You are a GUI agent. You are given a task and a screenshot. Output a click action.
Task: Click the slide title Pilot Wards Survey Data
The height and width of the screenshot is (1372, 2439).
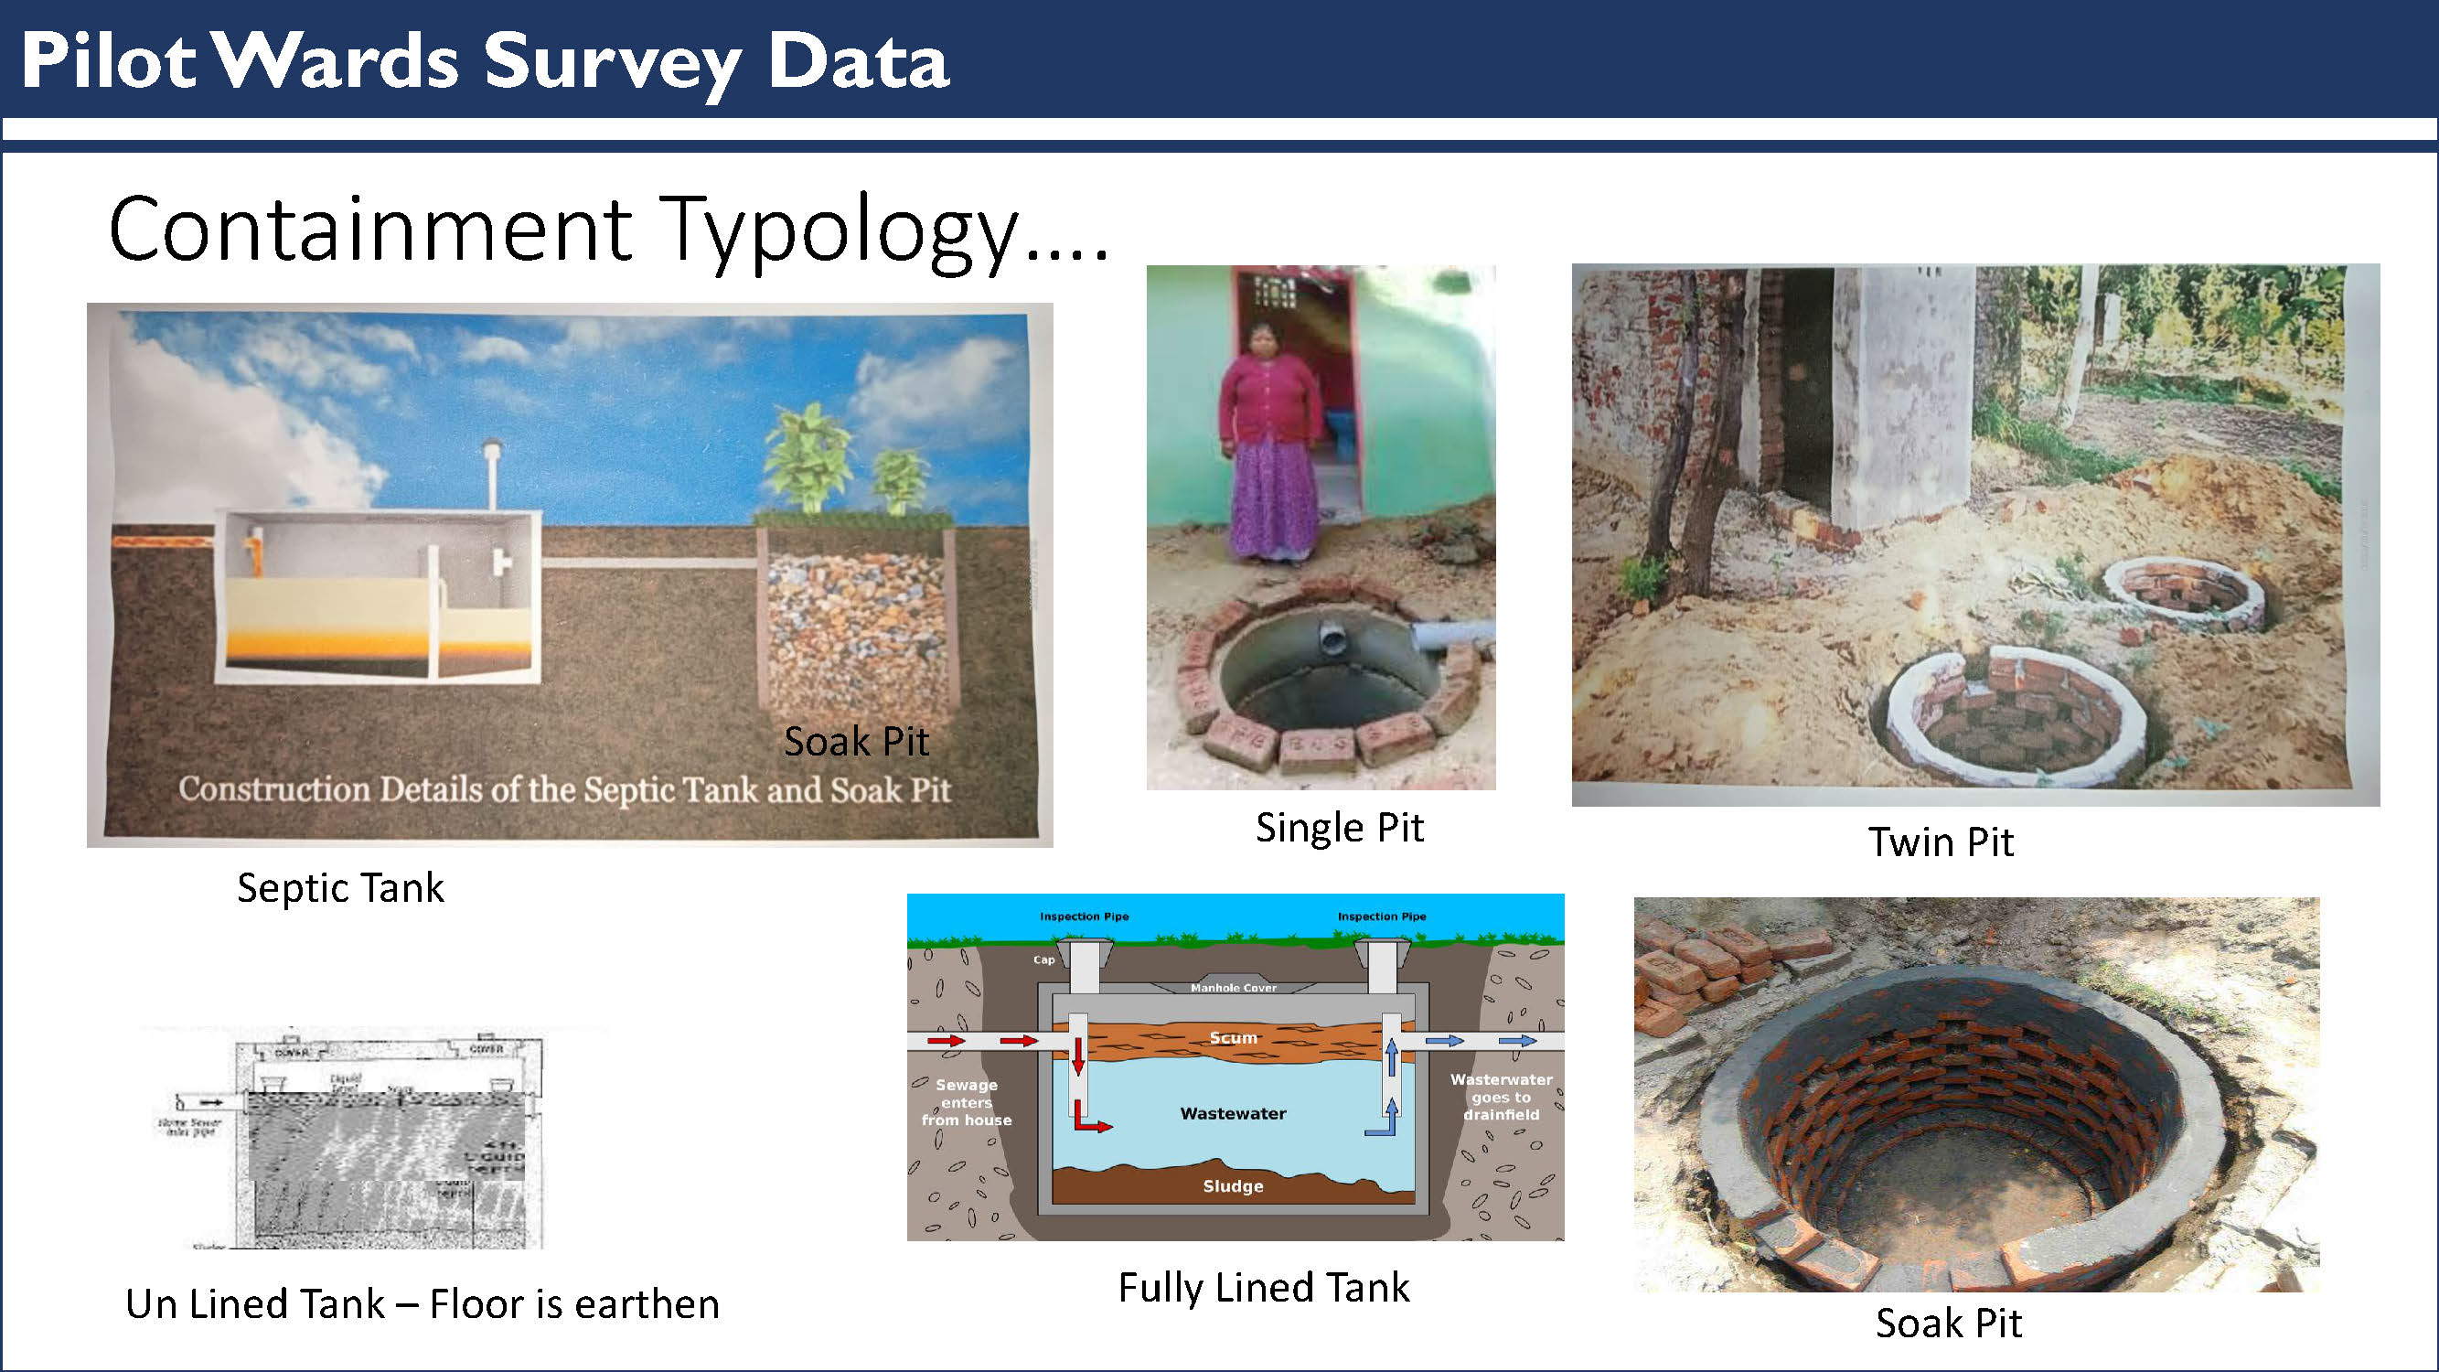pos(484,61)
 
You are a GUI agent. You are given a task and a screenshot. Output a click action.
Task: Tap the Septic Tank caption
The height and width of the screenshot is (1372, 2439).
pos(340,888)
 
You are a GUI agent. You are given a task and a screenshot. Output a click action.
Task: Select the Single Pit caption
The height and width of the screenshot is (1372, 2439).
pos(1339,828)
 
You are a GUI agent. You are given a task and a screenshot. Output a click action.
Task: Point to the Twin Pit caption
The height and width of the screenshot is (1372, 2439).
pos(1940,841)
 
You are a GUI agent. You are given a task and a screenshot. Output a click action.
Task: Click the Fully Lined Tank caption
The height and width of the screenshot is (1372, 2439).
pos(1263,1288)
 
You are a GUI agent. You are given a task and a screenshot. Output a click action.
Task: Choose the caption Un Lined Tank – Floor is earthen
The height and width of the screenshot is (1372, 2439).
pos(423,1303)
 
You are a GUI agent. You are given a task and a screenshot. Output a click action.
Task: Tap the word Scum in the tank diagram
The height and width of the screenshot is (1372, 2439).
pos(1233,1038)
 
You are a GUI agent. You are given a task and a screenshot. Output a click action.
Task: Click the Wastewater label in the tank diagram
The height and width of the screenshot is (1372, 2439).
pos(1233,1113)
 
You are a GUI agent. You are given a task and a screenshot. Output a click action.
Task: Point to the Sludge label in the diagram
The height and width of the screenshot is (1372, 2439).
pos(1233,1186)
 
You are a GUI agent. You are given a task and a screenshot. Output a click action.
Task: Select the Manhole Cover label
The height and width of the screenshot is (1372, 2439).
pos(1233,988)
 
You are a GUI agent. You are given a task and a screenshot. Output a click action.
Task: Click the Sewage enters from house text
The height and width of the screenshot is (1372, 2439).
pos(966,1102)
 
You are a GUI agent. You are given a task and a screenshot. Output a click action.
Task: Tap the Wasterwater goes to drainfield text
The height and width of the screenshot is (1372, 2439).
pos(1501,1097)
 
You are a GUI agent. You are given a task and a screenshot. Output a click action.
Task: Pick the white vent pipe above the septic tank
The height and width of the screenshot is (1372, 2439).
pos(491,474)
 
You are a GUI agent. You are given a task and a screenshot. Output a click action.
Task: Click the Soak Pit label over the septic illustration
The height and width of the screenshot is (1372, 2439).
pos(856,742)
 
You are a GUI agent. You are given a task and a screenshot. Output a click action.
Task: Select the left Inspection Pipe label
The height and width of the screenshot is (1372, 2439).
pos(1084,916)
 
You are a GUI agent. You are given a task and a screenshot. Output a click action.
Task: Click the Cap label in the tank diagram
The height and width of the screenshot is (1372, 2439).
pos(1043,960)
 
